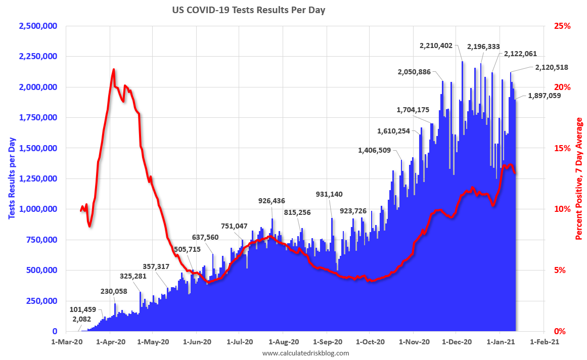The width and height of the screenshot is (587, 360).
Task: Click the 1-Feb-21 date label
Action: [544, 342]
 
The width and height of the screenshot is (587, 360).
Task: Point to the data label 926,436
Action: [272, 201]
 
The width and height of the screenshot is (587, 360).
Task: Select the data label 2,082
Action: [81, 319]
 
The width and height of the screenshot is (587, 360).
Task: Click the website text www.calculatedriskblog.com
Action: [305, 353]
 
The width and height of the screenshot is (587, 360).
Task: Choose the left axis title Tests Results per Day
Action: [11, 178]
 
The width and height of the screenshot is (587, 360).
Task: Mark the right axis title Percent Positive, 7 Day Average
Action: [579, 178]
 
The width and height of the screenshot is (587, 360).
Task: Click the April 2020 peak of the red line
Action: [113, 70]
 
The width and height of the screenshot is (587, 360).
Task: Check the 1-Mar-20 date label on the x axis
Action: [67, 342]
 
